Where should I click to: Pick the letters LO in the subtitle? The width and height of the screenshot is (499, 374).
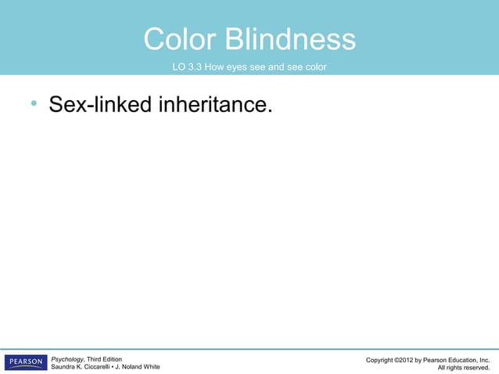[x=179, y=67]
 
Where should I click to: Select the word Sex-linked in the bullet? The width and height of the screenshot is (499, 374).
[x=100, y=104]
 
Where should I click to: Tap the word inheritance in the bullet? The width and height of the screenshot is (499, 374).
[x=216, y=104]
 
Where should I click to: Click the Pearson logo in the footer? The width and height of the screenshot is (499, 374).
[x=26, y=362]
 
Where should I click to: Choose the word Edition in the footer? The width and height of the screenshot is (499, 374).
[x=109, y=359]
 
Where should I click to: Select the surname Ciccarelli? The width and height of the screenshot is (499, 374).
[x=101, y=367]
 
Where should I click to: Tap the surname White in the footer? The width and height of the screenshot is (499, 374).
[x=150, y=367]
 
